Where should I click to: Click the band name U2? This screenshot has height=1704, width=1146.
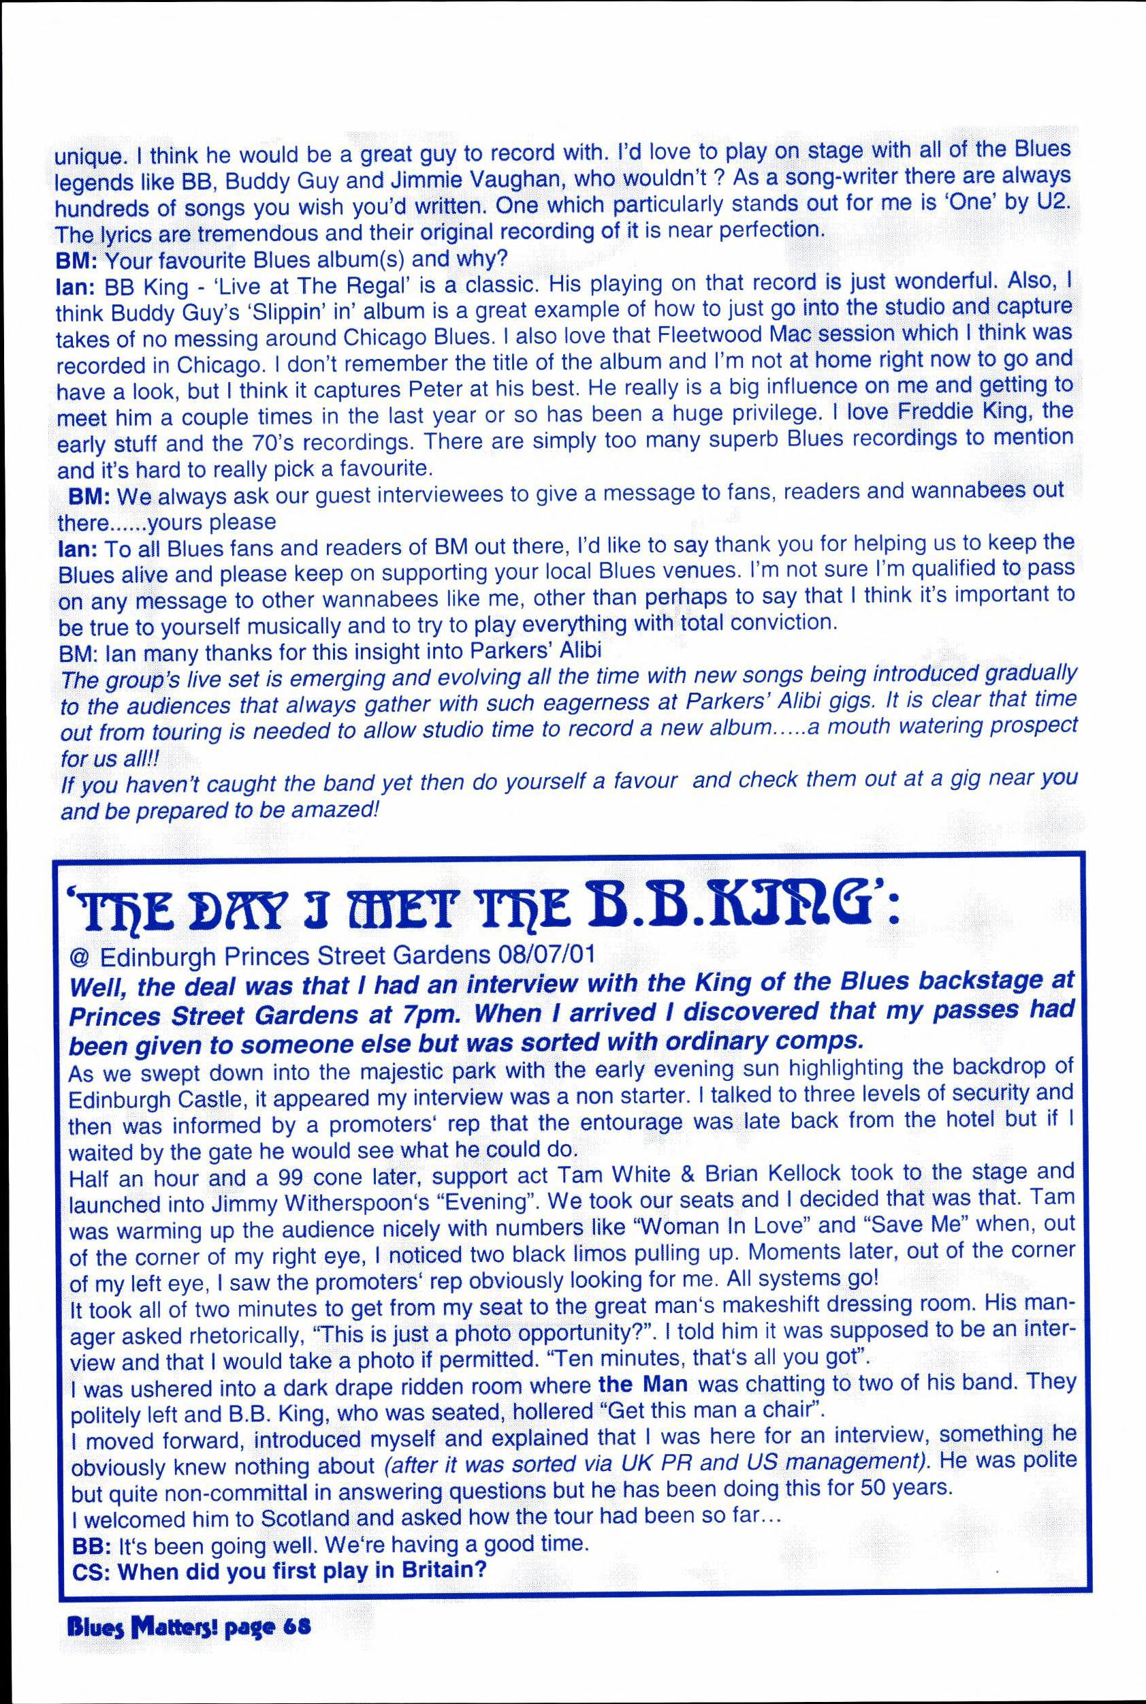(x=1057, y=202)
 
